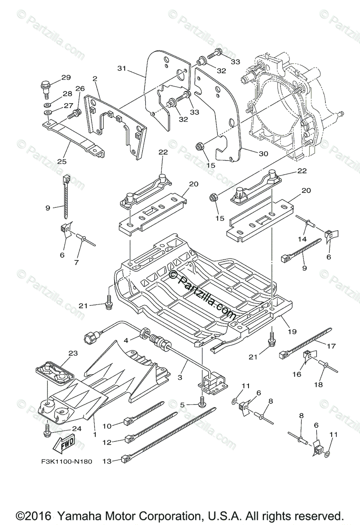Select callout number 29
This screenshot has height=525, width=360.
(x=66, y=78)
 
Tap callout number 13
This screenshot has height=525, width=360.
(x=107, y=461)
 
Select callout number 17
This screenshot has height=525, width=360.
(x=331, y=346)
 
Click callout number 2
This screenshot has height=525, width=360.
(x=95, y=79)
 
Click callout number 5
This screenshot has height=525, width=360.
(x=182, y=405)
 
